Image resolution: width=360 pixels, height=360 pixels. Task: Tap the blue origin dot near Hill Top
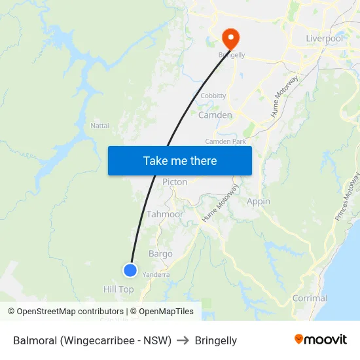click(130, 270)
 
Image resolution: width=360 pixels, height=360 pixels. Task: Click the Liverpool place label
click(325, 39)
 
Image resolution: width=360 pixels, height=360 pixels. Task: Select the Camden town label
click(215, 115)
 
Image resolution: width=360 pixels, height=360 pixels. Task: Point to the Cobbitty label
click(213, 96)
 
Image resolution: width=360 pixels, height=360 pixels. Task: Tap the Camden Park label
click(225, 141)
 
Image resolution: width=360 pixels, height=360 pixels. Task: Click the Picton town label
click(175, 182)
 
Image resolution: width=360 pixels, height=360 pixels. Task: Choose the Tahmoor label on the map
click(165, 214)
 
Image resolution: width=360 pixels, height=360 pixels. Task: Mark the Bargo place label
click(160, 254)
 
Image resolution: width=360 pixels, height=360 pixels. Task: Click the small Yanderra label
click(156, 275)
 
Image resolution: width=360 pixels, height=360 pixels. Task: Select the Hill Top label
click(118, 289)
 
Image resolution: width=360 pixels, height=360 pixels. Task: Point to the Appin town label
click(259, 202)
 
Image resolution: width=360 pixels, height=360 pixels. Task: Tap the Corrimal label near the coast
click(310, 298)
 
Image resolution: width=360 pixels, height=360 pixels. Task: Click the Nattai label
click(99, 125)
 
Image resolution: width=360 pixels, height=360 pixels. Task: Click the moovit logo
click(321, 340)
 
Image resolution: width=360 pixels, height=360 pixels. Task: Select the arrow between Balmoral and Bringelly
click(183, 340)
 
